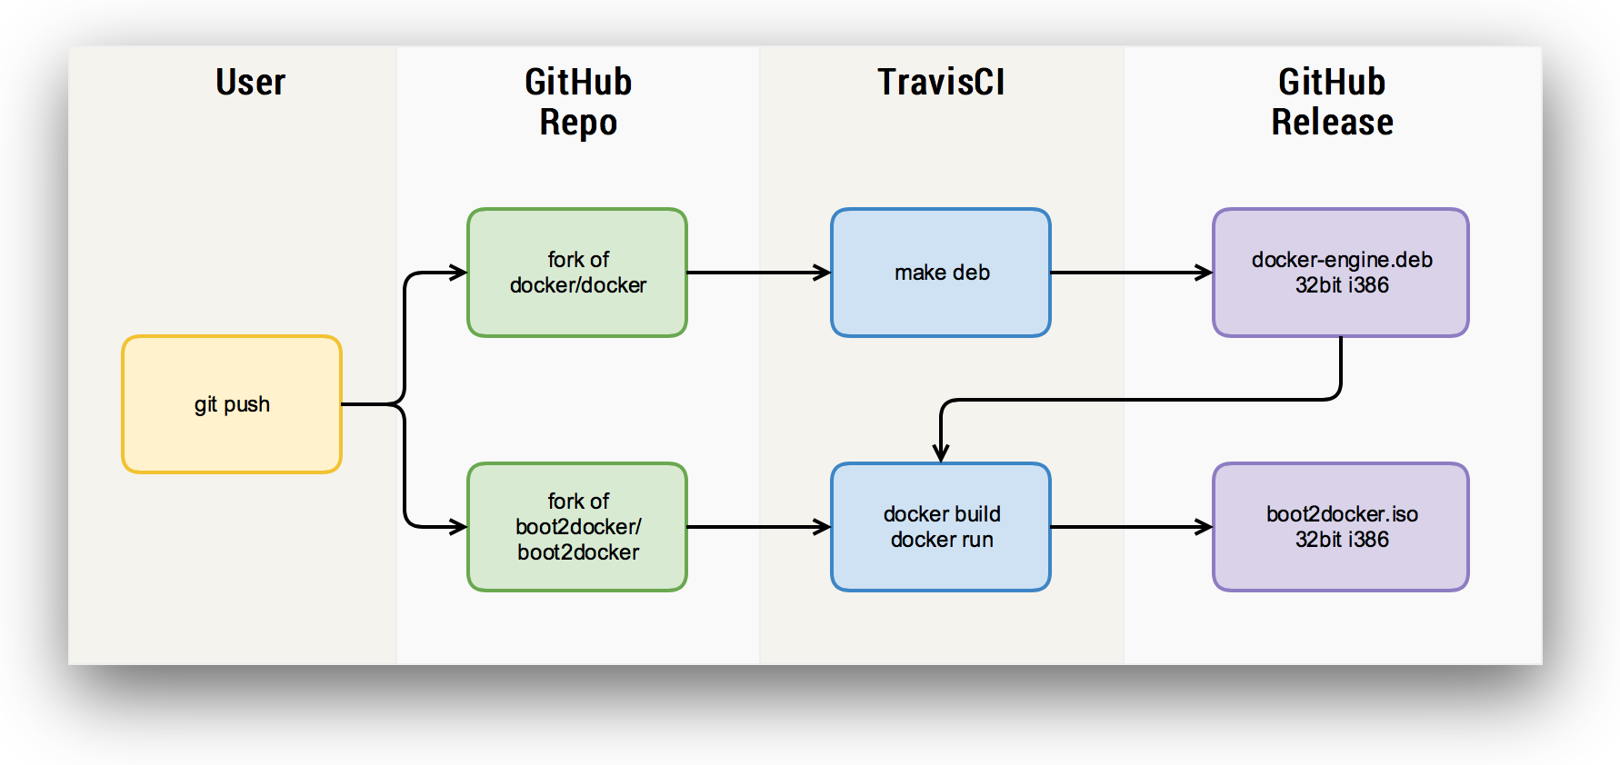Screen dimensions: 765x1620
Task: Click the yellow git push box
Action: pyautogui.click(x=232, y=404)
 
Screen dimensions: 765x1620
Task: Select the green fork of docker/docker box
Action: pyautogui.click(x=577, y=273)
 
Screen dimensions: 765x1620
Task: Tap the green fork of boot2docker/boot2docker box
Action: pyautogui.click(x=577, y=527)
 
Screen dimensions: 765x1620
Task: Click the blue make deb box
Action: pyautogui.click(x=941, y=273)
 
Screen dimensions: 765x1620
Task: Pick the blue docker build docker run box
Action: pyautogui.click(x=941, y=527)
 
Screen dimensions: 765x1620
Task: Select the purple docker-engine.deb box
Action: pyautogui.click(x=1341, y=273)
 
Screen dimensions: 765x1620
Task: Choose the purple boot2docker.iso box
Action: pyautogui.click(x=1341, y=527)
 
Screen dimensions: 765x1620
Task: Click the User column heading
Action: pyautogui.click(x=250, y=83)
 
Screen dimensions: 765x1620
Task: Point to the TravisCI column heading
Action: pyautogui.click(x=941, y=83)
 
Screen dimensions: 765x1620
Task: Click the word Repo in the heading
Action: pyautogui.click(x=578, y=123)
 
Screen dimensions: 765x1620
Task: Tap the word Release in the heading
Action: pyautogui.click(x=1332, y=123)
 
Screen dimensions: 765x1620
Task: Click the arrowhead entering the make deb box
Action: pyautogui.click(x=823, y=273)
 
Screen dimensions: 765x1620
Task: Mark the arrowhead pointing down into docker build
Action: pyautogui.click(x=941, y=453)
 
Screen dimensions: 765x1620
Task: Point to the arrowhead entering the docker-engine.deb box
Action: pyautogui.click(x=1205, y=273)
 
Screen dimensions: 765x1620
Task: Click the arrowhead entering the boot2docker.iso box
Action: pyautogui.click(x=1205, y=527)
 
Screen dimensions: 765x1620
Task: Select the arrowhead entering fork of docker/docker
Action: pyautogui.click(x=459, y=273)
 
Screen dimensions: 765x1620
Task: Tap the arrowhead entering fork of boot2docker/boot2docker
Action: pyautogui.click(x=459, y=527)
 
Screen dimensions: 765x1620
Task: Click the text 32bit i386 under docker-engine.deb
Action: pyautogui.click(x=1342, y=285)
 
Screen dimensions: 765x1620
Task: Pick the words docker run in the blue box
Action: pyautogui.click(x=942, y=540)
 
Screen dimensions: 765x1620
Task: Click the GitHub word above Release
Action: pyautogui.click(x=1332, y=83)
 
